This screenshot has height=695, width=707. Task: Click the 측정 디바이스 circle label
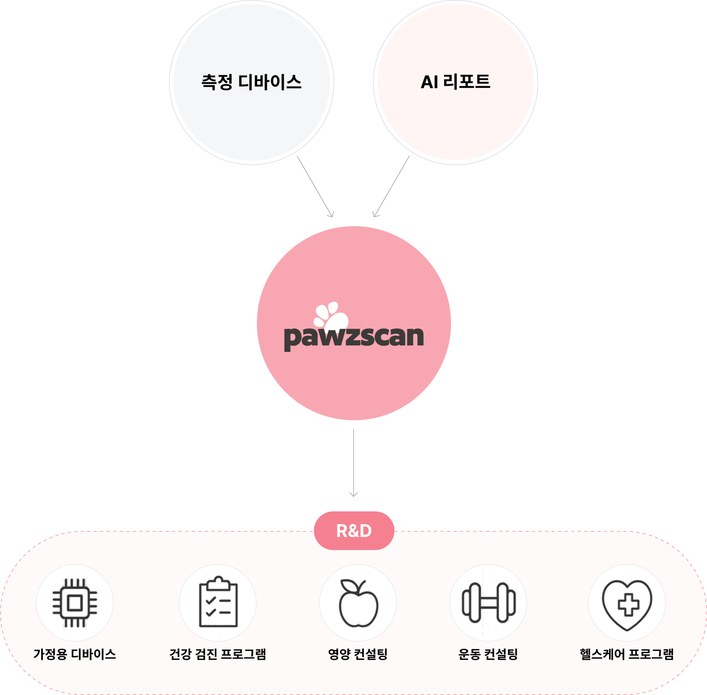tap(252, 82)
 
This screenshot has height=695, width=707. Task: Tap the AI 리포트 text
tap(455, 82)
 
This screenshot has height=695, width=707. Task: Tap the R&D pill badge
tap(354, 530)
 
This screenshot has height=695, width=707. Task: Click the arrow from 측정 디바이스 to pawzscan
tap(315, 186)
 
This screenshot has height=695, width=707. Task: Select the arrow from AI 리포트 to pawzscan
tap(391, 186)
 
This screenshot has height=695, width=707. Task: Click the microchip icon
tap(75, 603)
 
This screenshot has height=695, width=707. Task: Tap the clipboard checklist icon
tap(218, 602)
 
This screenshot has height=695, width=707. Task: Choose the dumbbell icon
tap(489, 603)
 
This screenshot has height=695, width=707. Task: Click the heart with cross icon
tap(627, 604)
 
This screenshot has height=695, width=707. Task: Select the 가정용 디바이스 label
tap(75, 654)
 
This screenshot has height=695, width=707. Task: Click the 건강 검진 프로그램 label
tap(218, 654)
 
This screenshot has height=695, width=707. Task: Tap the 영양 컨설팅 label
tap(358, 654)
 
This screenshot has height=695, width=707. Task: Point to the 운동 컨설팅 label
tap(488, 654)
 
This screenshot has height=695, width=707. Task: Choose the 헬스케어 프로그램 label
tap(627, 654)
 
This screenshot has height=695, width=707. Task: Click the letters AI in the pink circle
tap(429, 82)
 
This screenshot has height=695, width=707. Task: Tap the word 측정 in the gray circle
tap(217, 82)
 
